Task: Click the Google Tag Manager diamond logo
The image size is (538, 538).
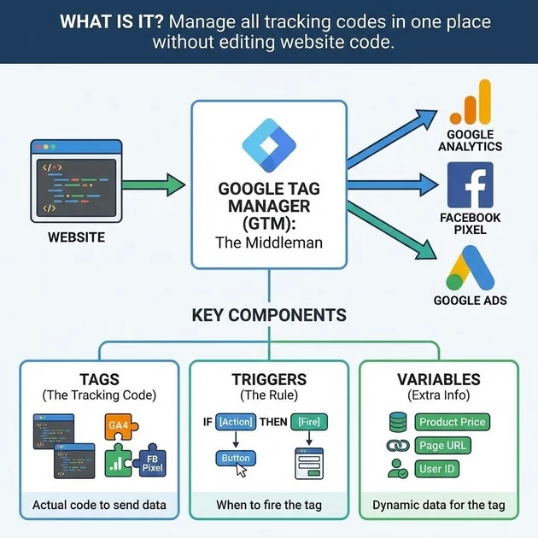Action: (268, 142)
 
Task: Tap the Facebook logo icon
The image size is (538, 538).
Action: (471, 185)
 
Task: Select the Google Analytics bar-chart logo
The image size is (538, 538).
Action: (470, 104)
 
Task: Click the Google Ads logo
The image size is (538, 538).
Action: (470, 267)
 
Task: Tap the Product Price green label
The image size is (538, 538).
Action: (452, 422)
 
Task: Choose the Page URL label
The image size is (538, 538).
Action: (443, 446)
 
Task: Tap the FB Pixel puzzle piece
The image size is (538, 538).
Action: (152, 462)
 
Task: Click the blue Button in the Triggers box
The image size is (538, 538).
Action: (236, 459)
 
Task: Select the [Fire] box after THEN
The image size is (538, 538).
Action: (308, 421)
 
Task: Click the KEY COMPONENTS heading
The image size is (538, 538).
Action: (268, 315)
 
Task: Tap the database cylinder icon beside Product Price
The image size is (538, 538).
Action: (397, 422)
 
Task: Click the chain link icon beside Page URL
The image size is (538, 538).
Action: (397, 446)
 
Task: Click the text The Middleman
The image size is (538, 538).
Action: (268, 243)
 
